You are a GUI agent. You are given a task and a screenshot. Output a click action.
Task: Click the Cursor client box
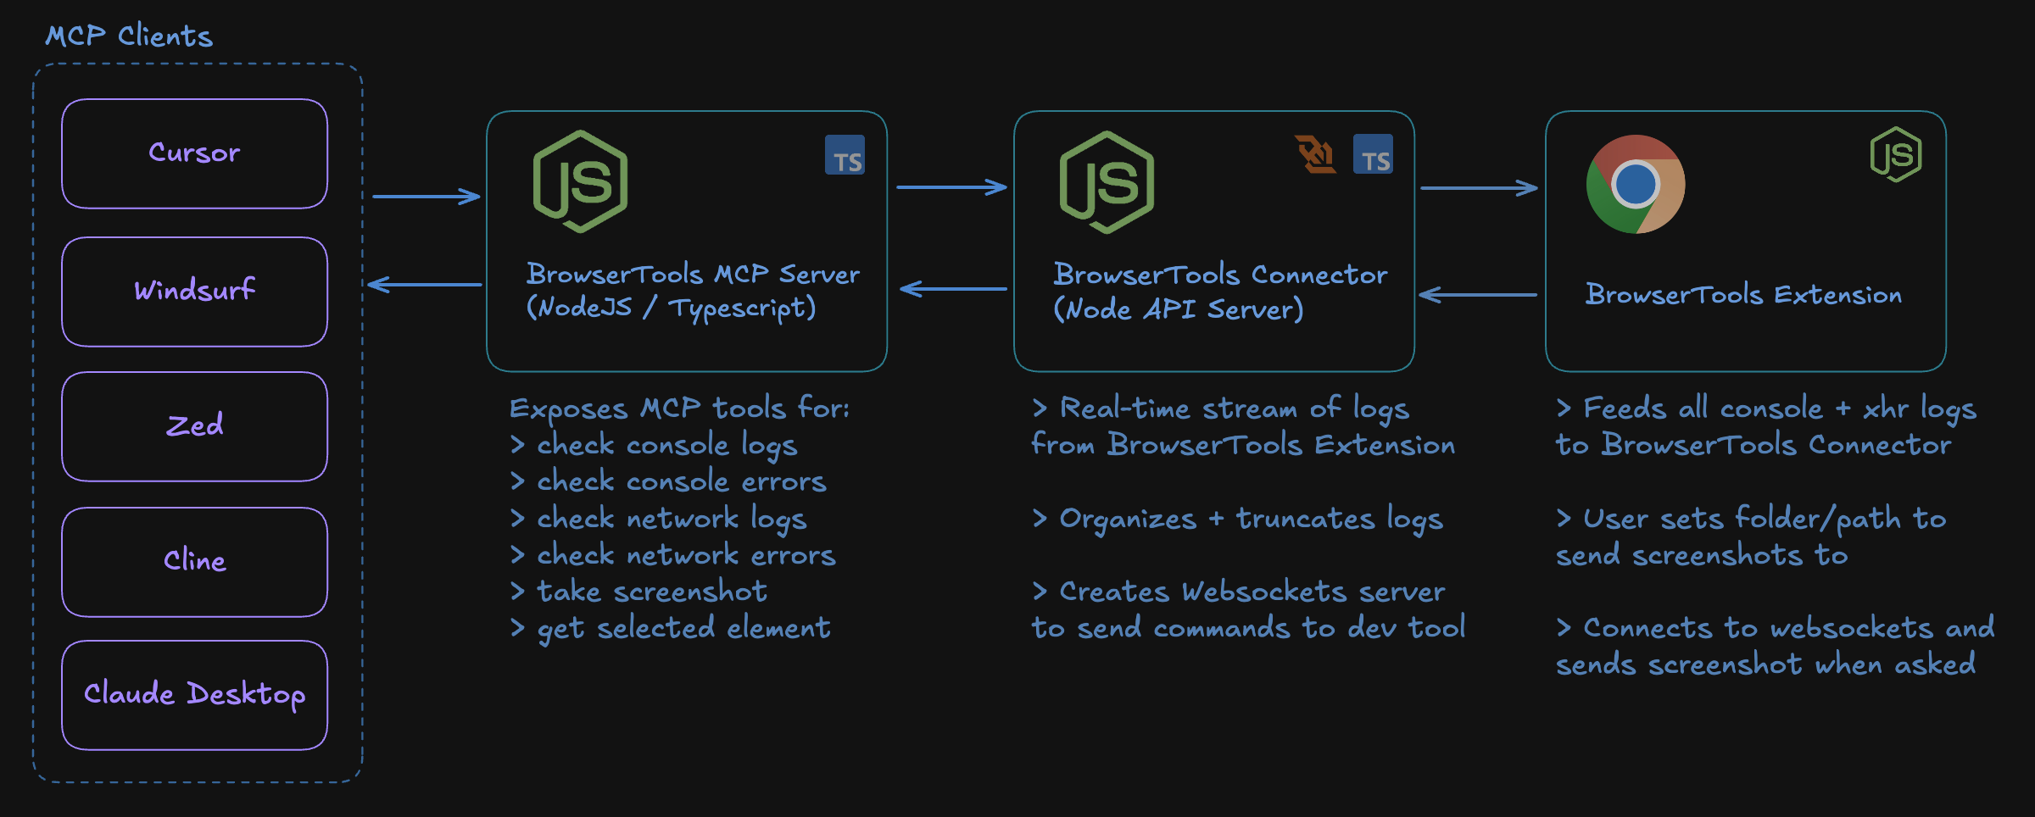tap(194, 153)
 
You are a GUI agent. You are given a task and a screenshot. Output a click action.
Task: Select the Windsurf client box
tap(194, 292)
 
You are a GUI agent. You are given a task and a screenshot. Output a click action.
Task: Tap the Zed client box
tap(194, 426)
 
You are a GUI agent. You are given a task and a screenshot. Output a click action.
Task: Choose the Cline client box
tap(194, 562)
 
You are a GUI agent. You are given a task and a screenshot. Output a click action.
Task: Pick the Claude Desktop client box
tap(194, 695)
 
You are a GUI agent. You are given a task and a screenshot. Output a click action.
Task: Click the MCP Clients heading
tap(129, 36)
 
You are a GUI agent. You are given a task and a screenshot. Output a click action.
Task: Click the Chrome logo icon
tap(1635, 184)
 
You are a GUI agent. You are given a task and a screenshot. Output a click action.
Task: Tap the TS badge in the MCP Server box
tap(845, 155)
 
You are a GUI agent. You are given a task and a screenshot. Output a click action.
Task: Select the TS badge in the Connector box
tap(1373, 154)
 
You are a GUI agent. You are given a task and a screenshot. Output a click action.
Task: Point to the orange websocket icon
tap(1316, 154)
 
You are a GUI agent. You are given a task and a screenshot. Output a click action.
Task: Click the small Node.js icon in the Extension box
tap(1896, 154)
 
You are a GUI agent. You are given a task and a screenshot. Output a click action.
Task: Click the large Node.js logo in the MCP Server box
tap(580, 181)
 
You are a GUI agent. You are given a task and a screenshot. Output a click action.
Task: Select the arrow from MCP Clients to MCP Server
tap(427, 197)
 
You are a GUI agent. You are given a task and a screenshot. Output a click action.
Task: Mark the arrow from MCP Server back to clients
tap(425, 285)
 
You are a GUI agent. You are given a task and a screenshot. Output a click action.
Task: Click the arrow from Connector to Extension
tap(1479, 188)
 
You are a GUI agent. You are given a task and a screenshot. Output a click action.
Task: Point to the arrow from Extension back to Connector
tap(1477, 295)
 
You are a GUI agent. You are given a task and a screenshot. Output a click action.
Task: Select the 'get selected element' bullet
tap(671, 629)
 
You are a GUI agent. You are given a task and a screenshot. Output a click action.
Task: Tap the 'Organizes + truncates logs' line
tap(1237, 519)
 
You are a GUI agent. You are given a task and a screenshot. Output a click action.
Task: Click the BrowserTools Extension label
tap(1743, 295)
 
